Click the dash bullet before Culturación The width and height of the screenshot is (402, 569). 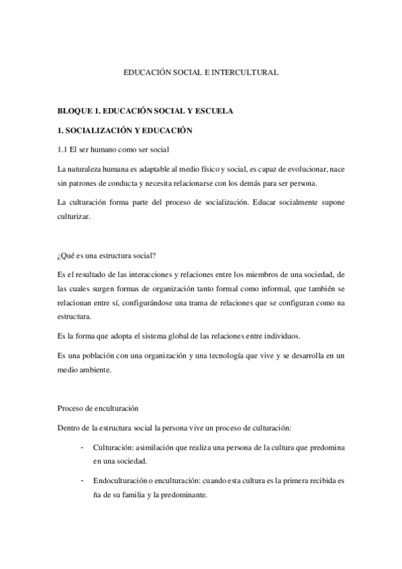click(81, 446)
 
